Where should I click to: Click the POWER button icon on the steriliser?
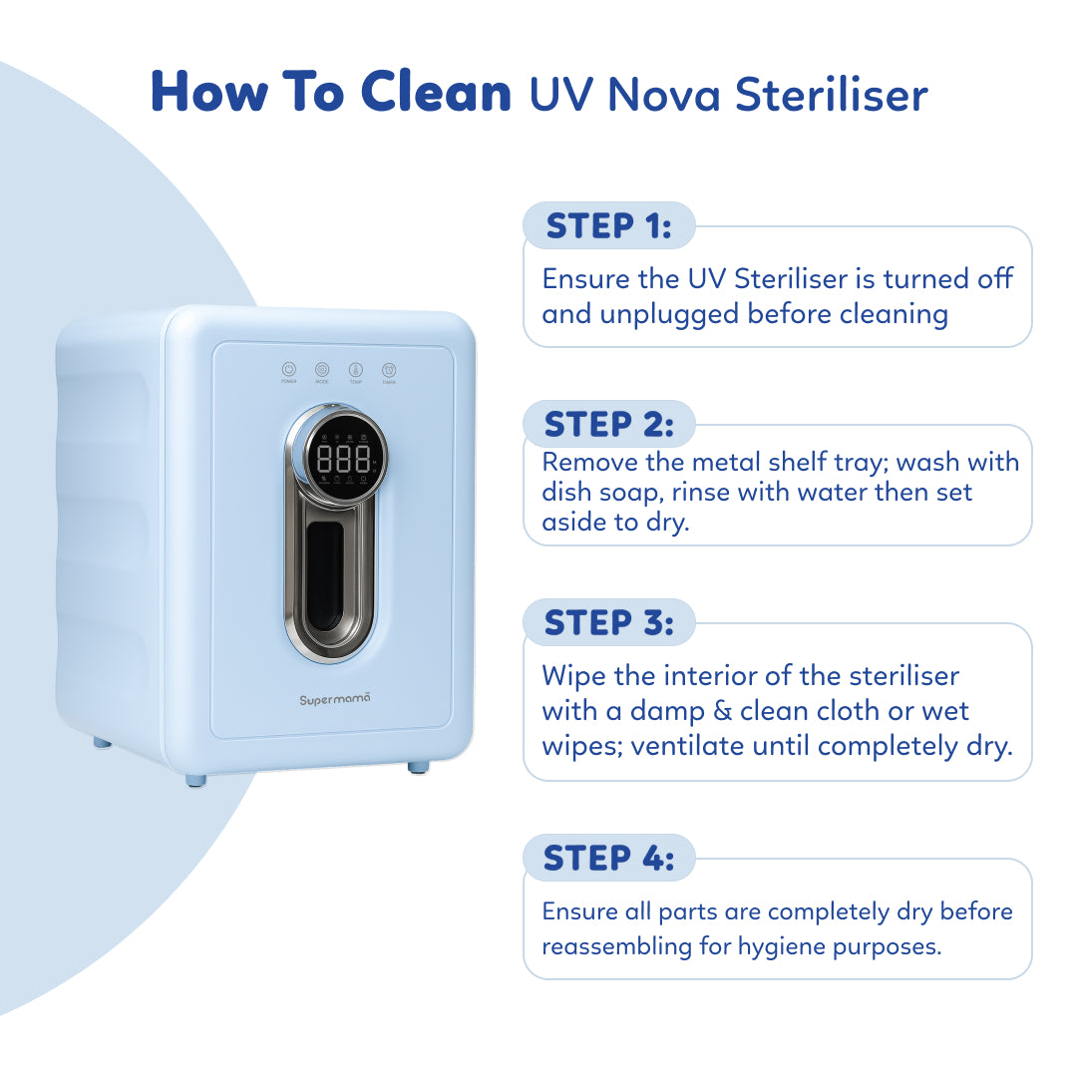tap(289, 369)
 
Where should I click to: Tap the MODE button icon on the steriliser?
tap(322, 369)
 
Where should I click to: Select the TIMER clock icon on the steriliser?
tap(389, 369)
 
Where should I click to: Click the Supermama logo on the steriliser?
tap(335, 700)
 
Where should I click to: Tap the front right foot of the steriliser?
tap(418, 767)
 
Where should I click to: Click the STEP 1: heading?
tap(608, 226)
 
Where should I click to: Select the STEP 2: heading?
tap(608, 425)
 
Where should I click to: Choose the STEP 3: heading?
tap(608, 622)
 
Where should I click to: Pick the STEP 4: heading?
tap(608, 858)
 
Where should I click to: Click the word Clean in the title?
tap(436, 92)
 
